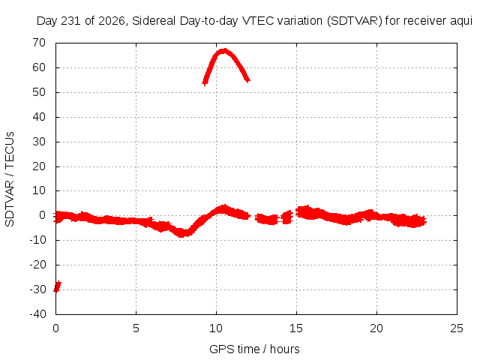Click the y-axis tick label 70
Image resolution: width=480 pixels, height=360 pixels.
click(39, 43)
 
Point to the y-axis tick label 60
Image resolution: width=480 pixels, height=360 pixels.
click(39, 67)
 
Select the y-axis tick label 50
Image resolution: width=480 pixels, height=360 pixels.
click(39, 92)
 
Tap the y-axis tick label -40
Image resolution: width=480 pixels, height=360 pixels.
click(38, 313)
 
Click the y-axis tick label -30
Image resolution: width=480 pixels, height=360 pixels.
click(38, 289)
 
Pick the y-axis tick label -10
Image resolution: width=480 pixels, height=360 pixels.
click(38, 240)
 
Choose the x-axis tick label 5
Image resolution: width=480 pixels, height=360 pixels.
click(136, 328)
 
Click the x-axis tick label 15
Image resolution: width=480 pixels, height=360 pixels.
click(296, 328)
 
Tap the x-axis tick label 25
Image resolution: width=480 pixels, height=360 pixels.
click(457, 328)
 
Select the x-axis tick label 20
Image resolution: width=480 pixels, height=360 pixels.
click(376, 328)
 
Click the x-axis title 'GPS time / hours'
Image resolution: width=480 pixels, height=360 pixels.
click(254, 349)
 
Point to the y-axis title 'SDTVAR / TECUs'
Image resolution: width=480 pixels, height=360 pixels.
click(10, 179)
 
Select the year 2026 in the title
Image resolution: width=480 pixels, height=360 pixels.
click(112, 21)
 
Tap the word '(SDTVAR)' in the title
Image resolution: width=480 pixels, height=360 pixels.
click(355, 21)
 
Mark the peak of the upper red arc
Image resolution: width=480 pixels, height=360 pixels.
click(225, 50)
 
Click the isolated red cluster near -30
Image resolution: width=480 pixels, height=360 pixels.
click(57, 286)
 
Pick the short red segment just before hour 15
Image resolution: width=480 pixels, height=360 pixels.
click(286, 217)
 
